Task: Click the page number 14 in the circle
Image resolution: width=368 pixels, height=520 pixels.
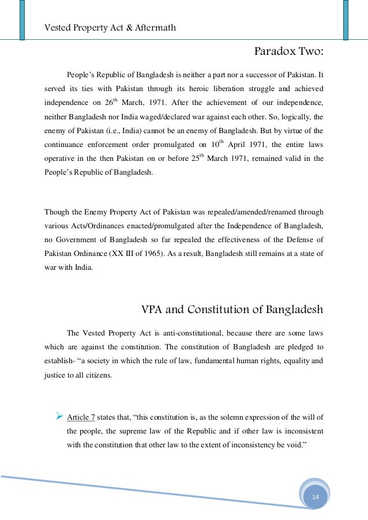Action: tap(315, 497)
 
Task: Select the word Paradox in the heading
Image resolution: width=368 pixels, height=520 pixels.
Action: tap(274, 53)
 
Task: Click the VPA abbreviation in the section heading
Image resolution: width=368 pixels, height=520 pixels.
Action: tap(153, 309)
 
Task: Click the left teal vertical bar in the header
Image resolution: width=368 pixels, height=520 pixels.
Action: tap(22, 20)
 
